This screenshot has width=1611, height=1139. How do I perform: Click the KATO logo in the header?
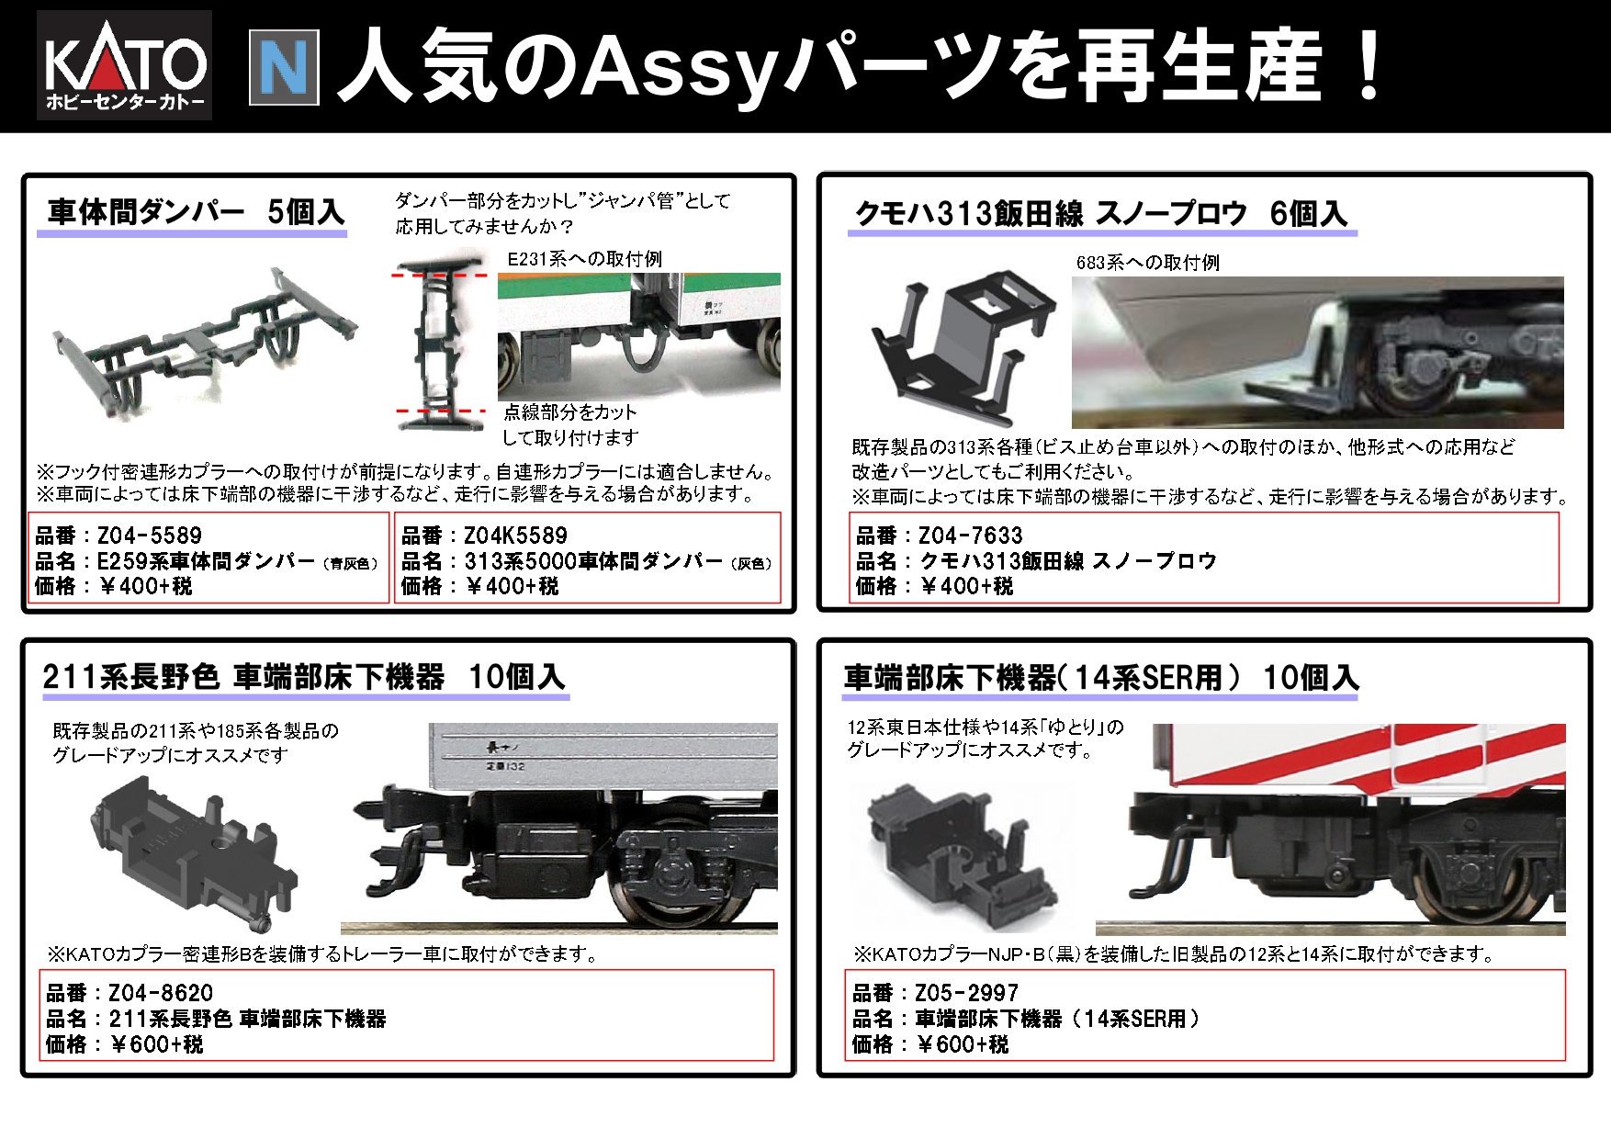[x=125, y=65]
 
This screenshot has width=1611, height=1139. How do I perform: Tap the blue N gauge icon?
[x=284, y=67]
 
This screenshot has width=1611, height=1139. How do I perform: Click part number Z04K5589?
[x=515, y=536]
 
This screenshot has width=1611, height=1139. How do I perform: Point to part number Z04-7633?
[x=970, y=536]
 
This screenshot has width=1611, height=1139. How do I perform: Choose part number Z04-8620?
[x=160, y=993]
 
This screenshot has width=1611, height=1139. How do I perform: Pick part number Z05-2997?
[x=966, y=993]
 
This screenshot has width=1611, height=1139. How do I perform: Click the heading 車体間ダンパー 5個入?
[x=195, y=212]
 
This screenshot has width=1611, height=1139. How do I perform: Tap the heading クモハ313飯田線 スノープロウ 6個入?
[x=1100, y=214]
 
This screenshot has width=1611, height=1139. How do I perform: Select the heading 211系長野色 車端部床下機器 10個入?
[x=303, y=677]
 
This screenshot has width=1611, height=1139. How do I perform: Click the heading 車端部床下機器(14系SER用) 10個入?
[x=1100, y=678]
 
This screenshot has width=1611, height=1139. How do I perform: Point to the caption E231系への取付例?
[x=584, y=259]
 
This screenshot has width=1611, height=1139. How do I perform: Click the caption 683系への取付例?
[x=1147, y=263]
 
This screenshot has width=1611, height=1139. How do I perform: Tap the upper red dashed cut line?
[x=440, y=275]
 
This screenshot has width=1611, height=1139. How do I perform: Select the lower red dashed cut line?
[x=440, y=412]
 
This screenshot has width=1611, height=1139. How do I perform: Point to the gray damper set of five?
[x=204, y=342]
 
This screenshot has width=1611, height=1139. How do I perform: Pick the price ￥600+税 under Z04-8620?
[x=156, y=1044]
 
